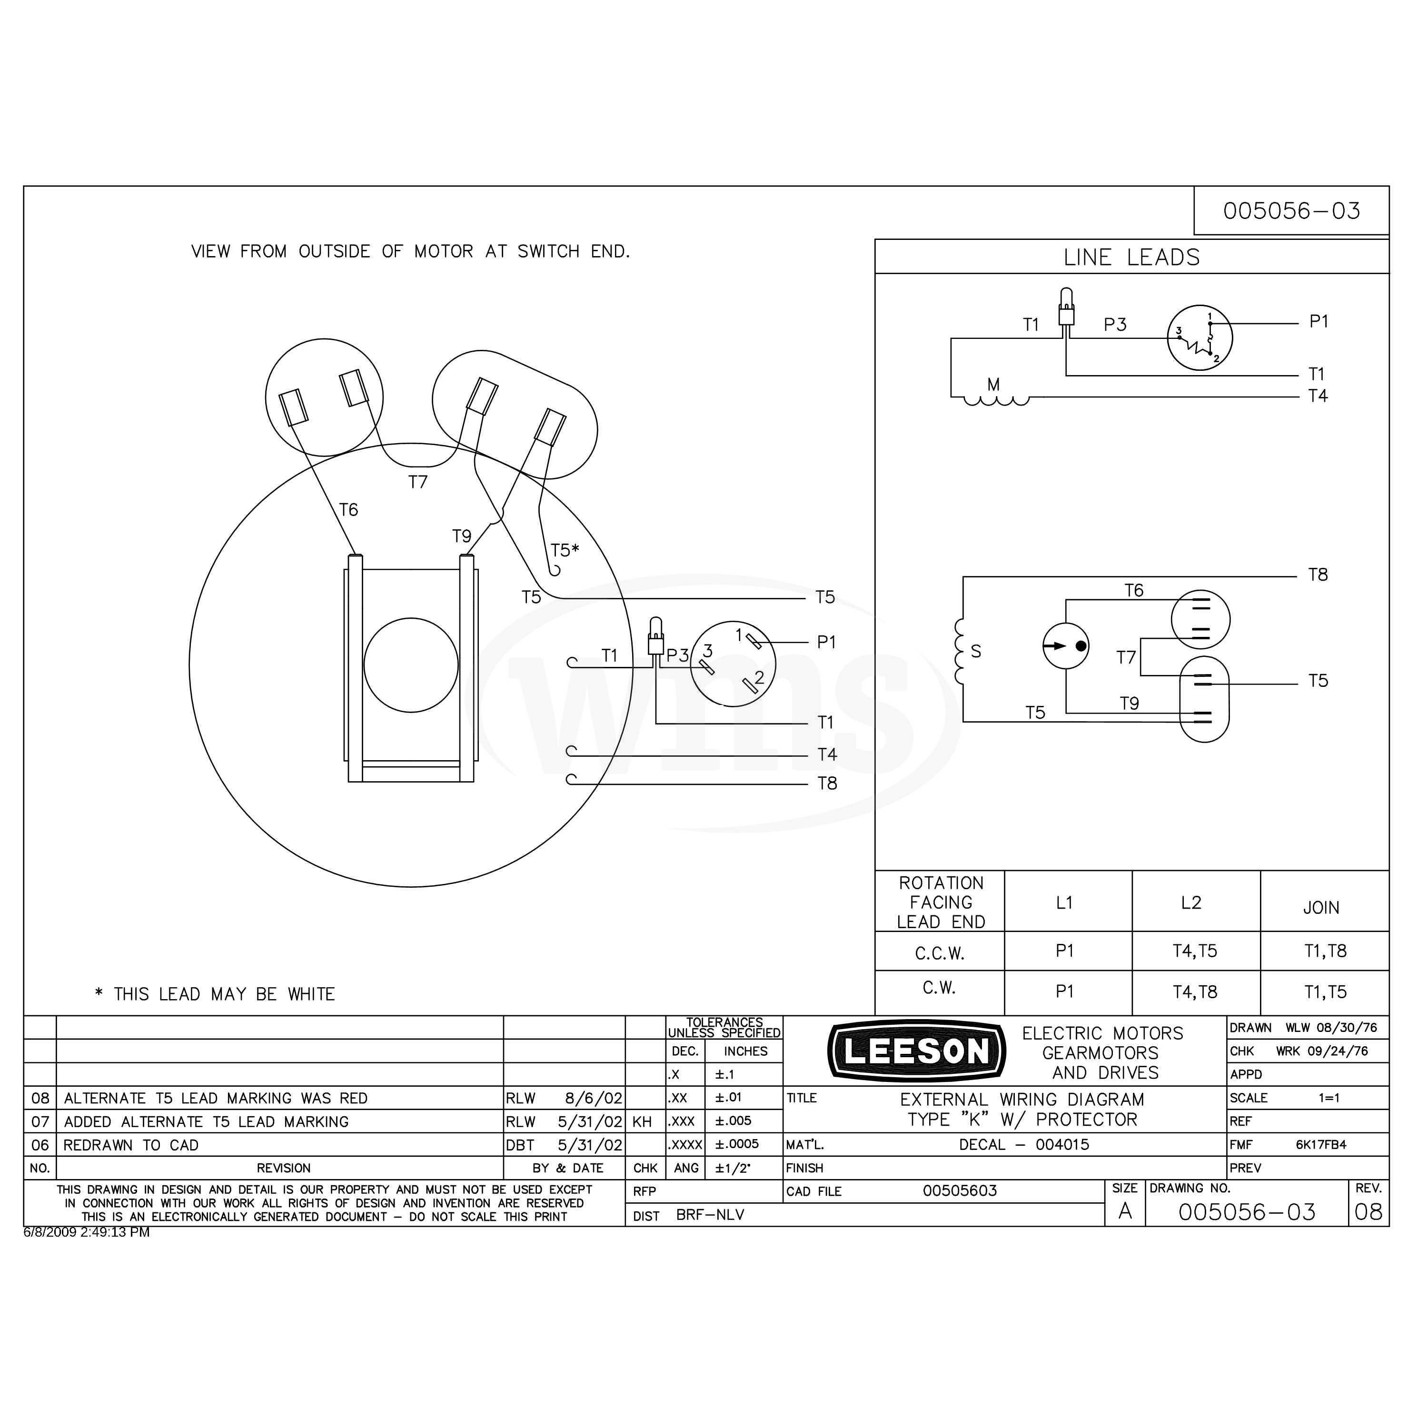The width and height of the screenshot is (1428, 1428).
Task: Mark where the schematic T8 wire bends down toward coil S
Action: click(963, 576)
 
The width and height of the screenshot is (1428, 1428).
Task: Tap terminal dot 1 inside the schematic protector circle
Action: click(1210, 323)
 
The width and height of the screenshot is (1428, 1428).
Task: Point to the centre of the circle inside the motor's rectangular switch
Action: click(411, 665)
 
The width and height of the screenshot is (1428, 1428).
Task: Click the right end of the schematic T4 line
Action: click(1298, 397)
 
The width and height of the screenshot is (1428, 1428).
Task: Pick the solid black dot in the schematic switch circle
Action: click(1081, 646)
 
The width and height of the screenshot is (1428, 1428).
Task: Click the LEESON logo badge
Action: click(916, 1051)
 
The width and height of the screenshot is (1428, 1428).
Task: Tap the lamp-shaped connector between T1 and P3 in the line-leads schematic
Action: click(1066, 306)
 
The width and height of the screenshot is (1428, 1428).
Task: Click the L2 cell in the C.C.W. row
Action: click(1195, 951)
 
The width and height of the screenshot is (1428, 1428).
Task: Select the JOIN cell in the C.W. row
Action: click(1325, 991)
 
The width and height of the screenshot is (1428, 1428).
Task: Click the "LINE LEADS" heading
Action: click(1131, 257)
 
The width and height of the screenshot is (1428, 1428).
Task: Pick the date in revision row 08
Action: click(594, 1098)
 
